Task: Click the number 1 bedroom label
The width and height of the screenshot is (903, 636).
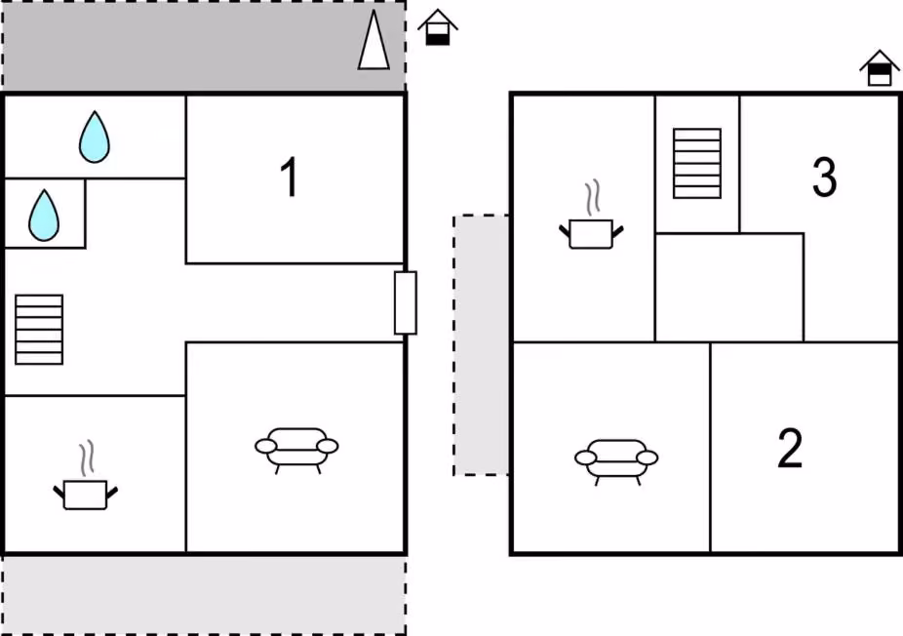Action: pyautogui.click(x=289, y=177)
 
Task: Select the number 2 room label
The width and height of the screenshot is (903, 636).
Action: pyautogui.click(x=790, y=448)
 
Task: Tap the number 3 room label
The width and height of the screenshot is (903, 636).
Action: pyautogui.click(x=824, y=177)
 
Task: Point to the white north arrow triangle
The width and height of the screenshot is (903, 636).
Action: pyautogui.click(x=373, y=40)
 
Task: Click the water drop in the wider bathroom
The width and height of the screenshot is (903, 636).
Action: pyautogui.click(x=95, y=137)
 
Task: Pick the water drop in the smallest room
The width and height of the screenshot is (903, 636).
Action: pyautogui.click(x=44, y=215)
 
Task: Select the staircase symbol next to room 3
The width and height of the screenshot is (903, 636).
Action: pyautogui.click(x=697, y=164)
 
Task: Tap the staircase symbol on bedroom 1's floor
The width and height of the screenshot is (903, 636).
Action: pyautogui.click(x=39, y=330)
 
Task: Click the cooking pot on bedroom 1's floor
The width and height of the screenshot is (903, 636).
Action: pyautogui.click(x=85, y=476)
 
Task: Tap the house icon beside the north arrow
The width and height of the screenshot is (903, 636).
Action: pyautogui.click(x=438, y=27)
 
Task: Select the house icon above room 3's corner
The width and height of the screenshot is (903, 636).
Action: pyautogui.click(x=880, y=68)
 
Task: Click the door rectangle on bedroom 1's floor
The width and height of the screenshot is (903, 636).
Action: pyautogui.click(x=406, y=303)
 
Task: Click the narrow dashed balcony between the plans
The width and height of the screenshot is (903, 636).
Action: pyautogui.click(x=481, y=345)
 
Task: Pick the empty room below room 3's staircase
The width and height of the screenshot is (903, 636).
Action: pyautogui.click(x=729, y=288)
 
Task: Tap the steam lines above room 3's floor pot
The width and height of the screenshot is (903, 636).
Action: pyautogui.click(x=593, y=198)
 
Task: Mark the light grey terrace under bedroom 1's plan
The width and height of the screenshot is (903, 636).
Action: pyautogui.click(x=204, y=594)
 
